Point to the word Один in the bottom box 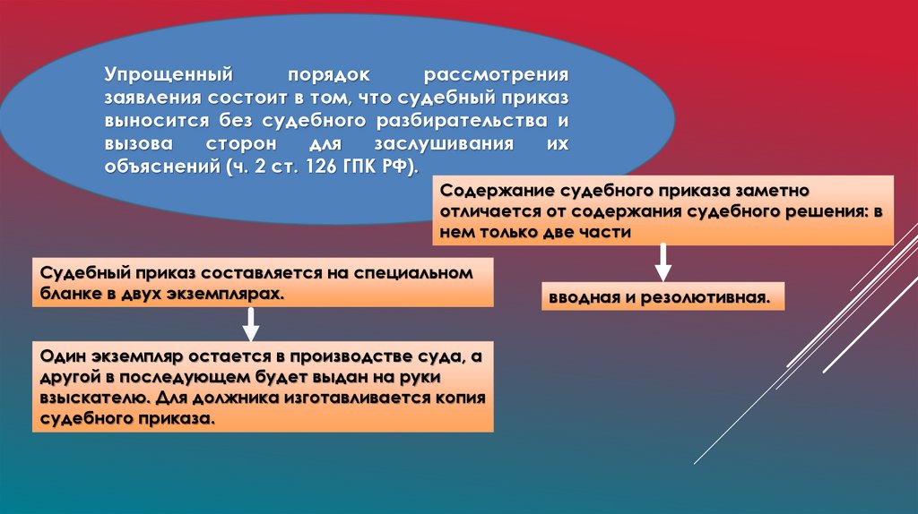pyautogui.click(x=60, y=356)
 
